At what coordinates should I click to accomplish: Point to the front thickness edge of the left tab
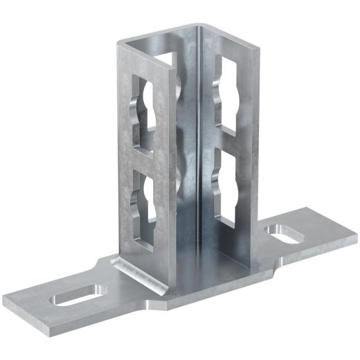click(x=69, y=318)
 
